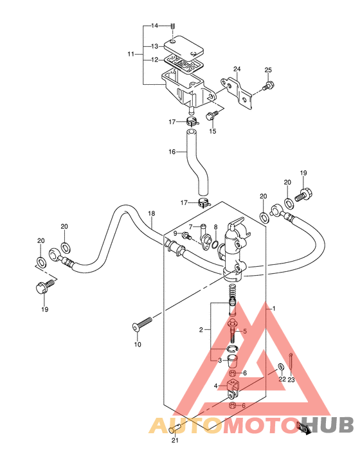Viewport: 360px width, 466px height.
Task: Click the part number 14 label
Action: click(154, 26)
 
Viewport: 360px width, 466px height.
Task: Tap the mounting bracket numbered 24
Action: click(237, 93)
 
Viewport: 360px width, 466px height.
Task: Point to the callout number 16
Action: click(172, 152)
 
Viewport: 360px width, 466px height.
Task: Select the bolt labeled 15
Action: click(212, 115)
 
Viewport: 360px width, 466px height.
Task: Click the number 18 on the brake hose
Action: click(152, 213)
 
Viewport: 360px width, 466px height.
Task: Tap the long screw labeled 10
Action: click(142, 324)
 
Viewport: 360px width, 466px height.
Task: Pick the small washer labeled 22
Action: click(280, 366)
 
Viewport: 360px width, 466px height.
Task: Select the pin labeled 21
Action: click(175, 429)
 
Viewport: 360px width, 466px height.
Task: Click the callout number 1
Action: click(274, 309)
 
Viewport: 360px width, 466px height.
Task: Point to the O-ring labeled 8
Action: click(216, 245)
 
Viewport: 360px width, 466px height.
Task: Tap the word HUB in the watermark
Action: click(329, 424)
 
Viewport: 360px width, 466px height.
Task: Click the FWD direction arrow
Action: click(304, 428)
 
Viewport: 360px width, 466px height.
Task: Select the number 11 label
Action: click(130, 54)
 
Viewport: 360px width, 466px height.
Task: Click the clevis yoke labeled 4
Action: click(233, 389)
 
